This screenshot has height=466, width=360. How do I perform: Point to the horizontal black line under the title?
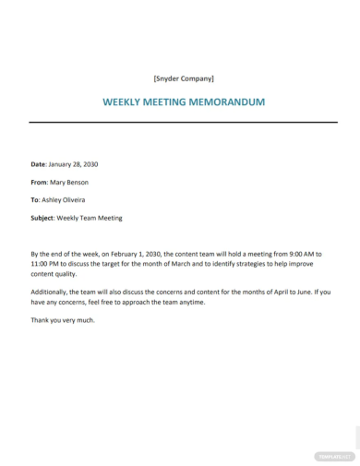[x=180, y=122]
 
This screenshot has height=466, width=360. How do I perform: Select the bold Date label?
[x=40, y=164]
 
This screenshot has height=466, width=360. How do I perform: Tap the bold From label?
[x=41, y=183]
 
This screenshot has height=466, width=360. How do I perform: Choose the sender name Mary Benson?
[x=77, y=183]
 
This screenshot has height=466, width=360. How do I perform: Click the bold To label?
[x=36, y=200]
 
